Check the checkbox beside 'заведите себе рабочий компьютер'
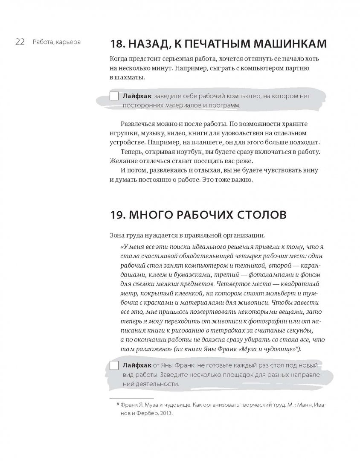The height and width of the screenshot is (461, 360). (114, 96)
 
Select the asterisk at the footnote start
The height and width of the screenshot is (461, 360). (118, 404)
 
